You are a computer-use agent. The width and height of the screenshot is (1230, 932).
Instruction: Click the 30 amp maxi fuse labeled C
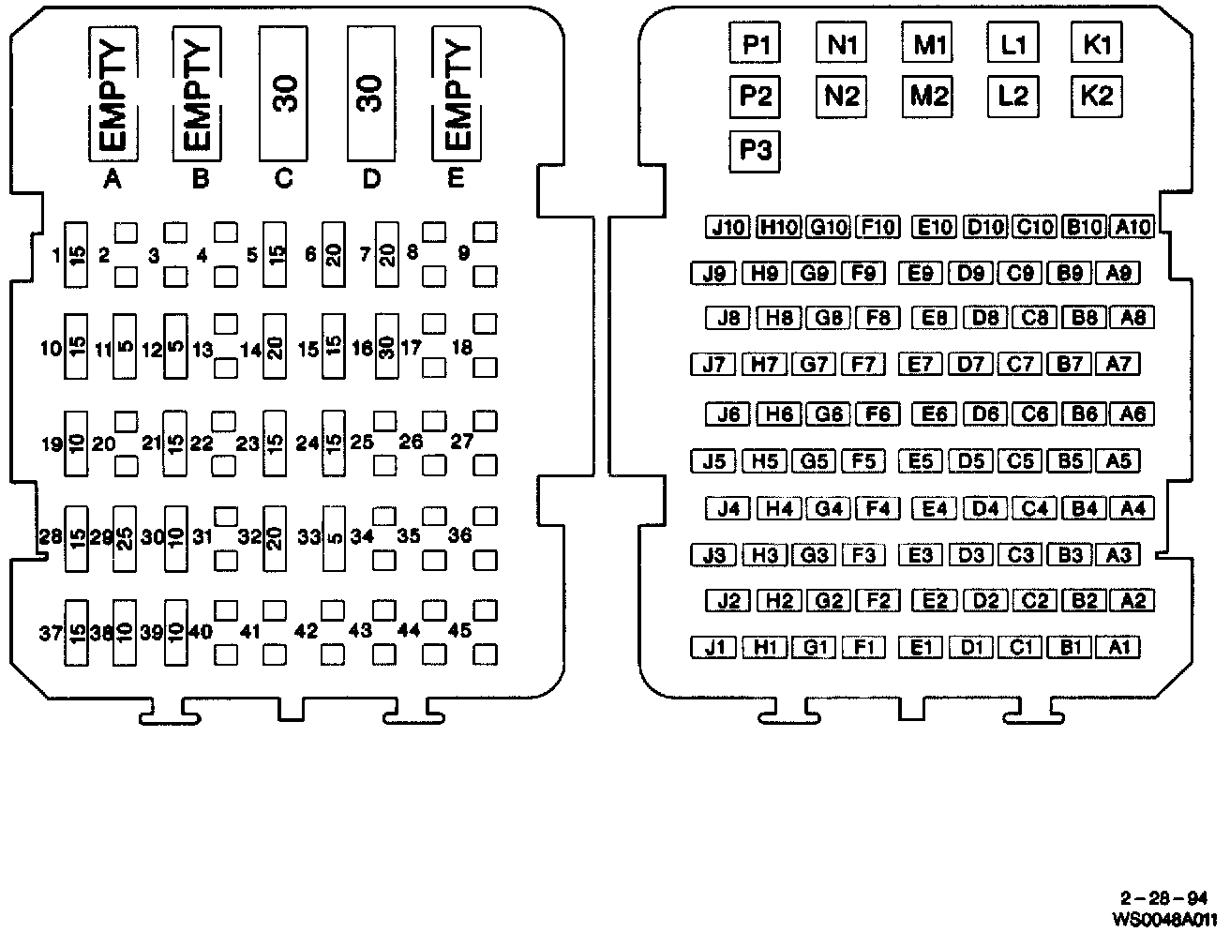coord(284,94)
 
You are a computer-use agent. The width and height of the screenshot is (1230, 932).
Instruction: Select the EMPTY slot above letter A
coord(113,94)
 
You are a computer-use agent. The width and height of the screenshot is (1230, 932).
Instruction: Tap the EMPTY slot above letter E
coord(456,94)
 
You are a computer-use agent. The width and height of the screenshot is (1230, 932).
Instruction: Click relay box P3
coord(755,150)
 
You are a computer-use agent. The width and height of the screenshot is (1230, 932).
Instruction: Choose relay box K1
coord(1097,44)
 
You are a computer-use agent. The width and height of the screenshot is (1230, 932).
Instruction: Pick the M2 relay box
coord(928,96)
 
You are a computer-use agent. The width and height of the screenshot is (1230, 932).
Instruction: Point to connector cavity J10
coord(727,227)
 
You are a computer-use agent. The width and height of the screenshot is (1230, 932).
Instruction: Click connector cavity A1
coord(1118,647)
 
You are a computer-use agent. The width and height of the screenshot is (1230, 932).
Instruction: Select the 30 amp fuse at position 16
coord(386,347)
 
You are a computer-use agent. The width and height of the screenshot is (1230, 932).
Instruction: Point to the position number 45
coord(459,631)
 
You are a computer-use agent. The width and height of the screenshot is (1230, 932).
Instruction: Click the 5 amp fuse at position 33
coord(334,538)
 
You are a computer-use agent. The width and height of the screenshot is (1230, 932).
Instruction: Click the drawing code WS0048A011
coord(1165,919)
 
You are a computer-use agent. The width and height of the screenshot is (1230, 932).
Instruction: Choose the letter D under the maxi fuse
coord(371,179)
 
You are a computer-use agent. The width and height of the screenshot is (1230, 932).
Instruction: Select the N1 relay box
coord(841,44)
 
